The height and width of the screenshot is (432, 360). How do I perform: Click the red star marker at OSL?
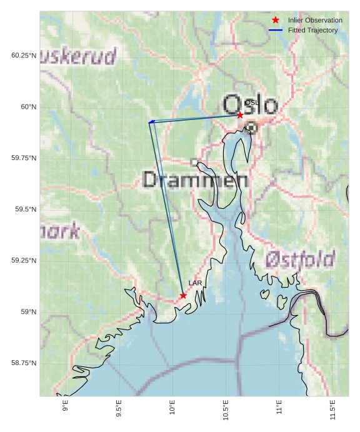(x=240, y=115)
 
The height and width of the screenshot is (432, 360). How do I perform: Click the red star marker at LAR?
(x=183, y=295)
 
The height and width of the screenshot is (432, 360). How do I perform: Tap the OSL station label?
(x=251, y=103)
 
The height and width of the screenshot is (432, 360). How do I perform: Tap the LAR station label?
(x=195, y=283)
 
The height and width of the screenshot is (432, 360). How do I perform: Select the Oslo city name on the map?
(x=250, y=105)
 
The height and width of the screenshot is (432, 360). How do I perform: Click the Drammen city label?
(x=196, y=181)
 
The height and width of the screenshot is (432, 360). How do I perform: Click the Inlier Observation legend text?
(x=315, y=21)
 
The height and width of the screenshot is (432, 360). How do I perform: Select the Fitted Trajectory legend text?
(x=312, y=31)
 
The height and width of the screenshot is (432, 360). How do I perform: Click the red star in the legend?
(x=275, y=21)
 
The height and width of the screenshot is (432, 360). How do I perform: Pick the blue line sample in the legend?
(x=275, y=31)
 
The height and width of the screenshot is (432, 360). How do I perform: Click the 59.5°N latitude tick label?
(x=24, y=209)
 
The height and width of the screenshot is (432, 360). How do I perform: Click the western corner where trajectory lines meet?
(x=149, y=123)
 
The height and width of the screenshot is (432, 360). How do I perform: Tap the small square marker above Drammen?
(x=194, y=162)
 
